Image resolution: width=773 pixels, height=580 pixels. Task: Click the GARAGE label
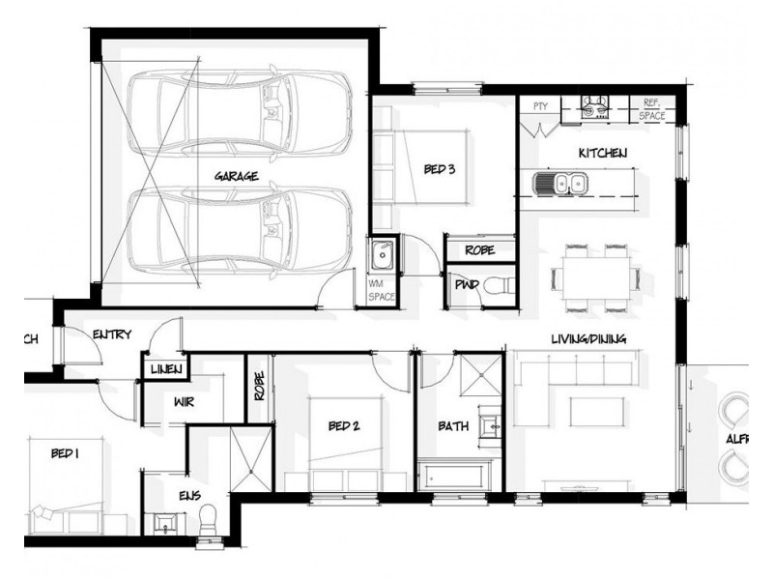coord(236,177)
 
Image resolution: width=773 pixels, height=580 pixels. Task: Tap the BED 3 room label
coord(439,170)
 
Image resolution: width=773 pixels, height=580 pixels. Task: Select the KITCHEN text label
coord(603,154)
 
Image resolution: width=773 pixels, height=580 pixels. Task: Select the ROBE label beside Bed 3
coord(479,249)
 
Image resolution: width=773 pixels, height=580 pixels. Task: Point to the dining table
coord(594,277)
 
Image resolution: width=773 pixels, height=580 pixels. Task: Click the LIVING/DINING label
coord(588,339)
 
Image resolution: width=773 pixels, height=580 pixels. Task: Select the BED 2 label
coord(343,425)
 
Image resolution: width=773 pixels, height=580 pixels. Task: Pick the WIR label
coord(185,401)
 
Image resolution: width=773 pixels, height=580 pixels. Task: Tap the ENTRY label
coord(111,334)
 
